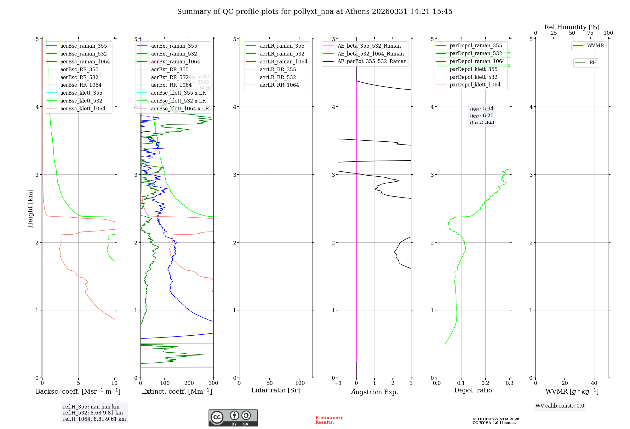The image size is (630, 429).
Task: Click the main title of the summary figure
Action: (314, 12)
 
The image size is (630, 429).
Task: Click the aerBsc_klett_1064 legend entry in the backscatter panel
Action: (83, 109)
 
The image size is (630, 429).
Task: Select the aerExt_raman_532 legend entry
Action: (174, 54)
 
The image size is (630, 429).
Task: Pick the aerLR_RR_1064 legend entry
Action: (279, 85)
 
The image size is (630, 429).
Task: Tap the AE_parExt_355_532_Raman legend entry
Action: (372, 61)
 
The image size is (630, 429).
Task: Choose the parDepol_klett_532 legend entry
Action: (473, 77)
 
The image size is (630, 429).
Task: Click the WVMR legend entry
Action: (595, 46)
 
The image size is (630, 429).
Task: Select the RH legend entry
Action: (593, 63)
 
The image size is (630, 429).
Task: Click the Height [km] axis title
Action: (30, 209)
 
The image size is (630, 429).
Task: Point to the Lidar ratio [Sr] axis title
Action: (276, 390)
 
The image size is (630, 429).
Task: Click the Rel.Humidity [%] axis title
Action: (572, 27)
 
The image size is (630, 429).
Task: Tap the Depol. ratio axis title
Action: (473, 390)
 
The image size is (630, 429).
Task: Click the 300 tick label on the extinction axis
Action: (213, 383)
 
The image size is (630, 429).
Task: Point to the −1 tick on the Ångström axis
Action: (338, 383)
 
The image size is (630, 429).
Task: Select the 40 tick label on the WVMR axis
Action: (594, 383)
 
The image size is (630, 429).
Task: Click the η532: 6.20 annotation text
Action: (482, 116)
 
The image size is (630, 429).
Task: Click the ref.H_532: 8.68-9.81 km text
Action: (93, 413)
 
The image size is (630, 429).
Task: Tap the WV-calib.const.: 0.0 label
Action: (559, 406)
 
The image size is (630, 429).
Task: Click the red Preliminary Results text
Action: (329, 420)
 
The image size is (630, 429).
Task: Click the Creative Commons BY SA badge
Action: (233, 418)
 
